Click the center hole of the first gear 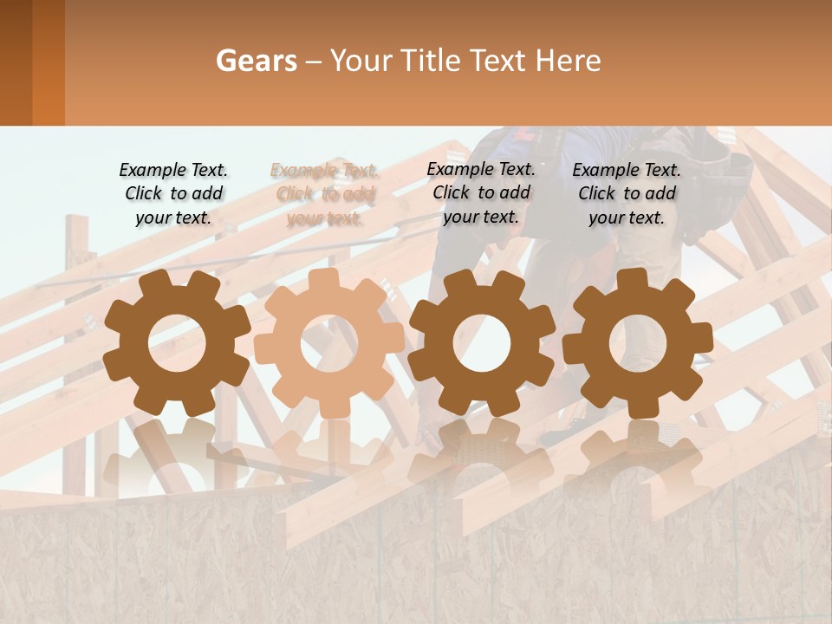(x=176, y=343)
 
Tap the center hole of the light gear (x=328, y=343)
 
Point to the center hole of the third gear (x=481, y=343)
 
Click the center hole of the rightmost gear (x=637, y=343)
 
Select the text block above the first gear (x=173, y=193)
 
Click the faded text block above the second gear (x=325, y=194)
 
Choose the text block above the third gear (x=481, y=192)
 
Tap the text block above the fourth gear (x=627, y=193)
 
